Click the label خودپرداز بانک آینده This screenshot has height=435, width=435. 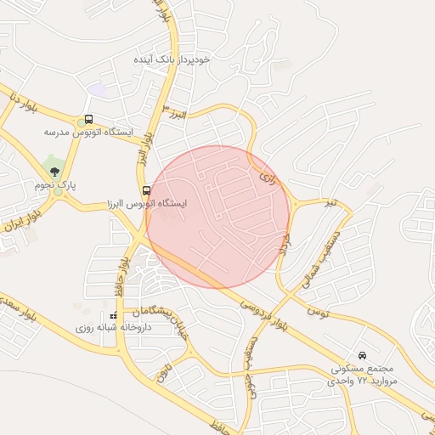(x=172, y=60)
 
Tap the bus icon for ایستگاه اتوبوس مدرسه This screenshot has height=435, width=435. (x=88, y=120)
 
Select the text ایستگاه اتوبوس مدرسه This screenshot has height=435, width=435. (x=89, y=133)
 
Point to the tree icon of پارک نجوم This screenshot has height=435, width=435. (x=55, y=172)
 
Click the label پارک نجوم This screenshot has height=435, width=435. (x=55, y=184)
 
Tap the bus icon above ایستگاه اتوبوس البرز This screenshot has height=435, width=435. (x=146, y=191)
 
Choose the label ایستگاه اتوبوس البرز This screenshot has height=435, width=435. (x=146, y=204)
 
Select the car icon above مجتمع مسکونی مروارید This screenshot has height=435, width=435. (x=363, y=355)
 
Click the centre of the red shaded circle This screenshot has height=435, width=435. (x=218, y=217)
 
